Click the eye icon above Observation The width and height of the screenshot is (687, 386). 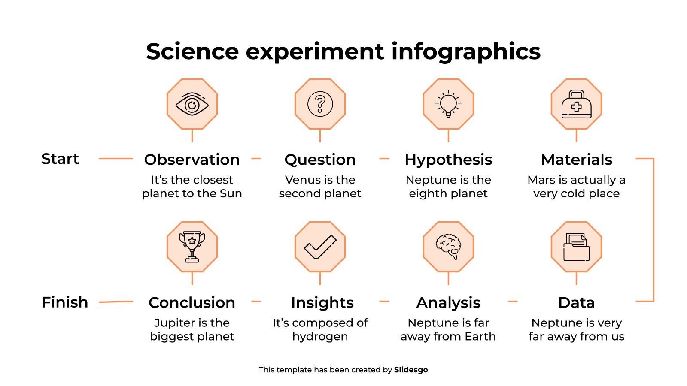192,104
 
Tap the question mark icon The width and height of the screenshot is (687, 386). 320,104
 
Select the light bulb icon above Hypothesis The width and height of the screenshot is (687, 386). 448,104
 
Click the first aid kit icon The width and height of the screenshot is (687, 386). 576,104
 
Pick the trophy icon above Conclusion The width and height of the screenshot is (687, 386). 192,247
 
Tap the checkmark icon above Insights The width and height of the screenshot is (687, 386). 320,247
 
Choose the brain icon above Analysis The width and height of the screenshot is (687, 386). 448,247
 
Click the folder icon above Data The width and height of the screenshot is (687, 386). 576,247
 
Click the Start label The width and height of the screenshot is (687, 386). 60,159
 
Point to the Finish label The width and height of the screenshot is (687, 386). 64,302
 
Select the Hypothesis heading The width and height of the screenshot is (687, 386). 448,160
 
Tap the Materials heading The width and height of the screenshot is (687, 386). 576,160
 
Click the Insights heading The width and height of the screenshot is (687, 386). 322,302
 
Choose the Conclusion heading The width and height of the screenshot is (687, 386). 192,302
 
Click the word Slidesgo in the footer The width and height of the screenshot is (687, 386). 411,370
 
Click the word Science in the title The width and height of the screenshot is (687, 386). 192,51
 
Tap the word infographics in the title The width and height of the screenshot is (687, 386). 466,51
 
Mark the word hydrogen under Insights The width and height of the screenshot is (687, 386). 320,336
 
